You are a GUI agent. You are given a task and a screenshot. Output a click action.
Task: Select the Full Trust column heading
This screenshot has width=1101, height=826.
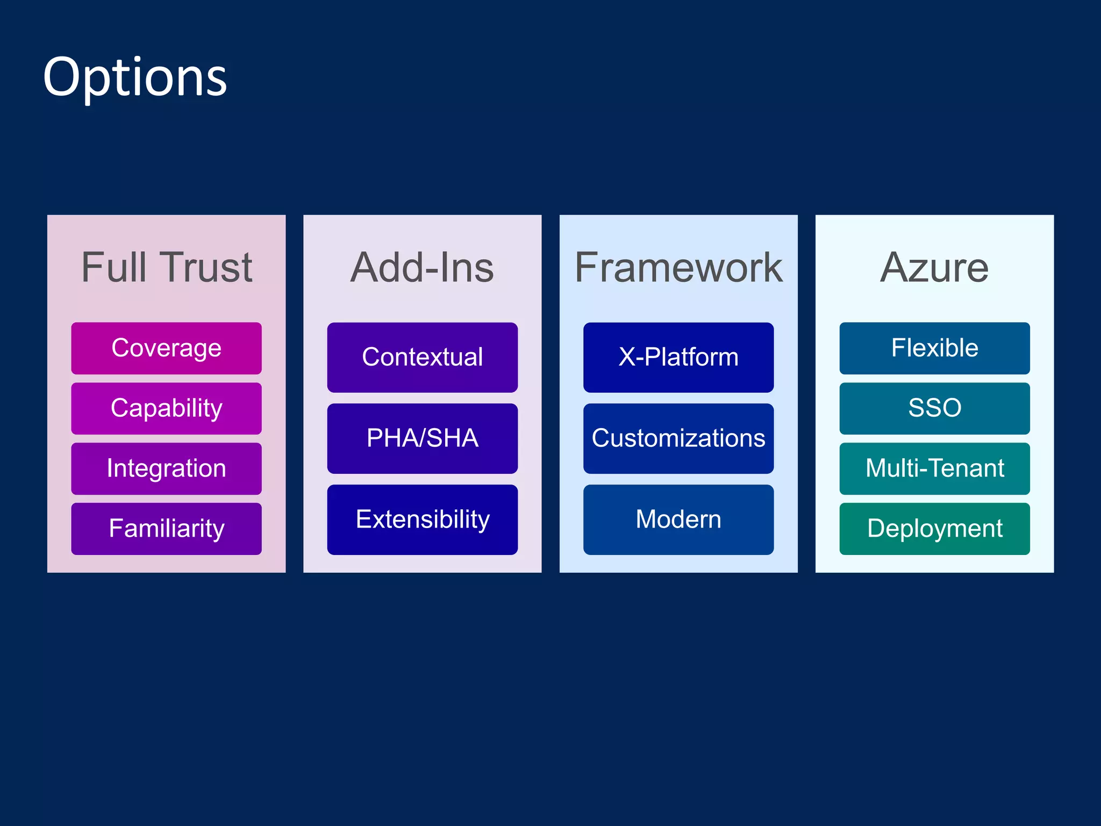166,267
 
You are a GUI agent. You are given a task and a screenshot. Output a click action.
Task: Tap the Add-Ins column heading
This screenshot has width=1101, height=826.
422,267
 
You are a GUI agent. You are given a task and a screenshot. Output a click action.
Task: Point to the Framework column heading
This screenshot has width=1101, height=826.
678,267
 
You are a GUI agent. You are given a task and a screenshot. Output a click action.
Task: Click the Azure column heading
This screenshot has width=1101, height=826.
934,267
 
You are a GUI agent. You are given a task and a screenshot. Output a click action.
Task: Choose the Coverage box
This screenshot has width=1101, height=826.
166,348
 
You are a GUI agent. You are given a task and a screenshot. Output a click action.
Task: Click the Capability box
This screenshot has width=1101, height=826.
166,408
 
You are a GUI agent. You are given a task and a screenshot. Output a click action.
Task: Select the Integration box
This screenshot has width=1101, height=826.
166,468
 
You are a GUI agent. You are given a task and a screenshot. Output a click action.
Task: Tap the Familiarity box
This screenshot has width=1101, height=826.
166,529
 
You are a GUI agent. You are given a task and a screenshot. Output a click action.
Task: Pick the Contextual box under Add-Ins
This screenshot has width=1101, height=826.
422,357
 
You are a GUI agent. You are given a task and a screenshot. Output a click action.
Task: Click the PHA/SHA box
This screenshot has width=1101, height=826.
422,438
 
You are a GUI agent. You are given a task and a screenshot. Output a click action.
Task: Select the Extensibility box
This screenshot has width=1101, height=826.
422,519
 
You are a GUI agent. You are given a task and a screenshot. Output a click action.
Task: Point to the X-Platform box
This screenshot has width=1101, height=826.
678,357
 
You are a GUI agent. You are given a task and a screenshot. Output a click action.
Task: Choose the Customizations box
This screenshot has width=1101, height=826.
678,438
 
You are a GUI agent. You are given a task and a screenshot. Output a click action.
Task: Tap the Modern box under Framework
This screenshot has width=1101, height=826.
678,519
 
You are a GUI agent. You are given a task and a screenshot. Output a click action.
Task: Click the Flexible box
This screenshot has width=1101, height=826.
934,348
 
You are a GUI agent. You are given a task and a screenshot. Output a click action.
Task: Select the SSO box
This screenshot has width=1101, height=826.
934,408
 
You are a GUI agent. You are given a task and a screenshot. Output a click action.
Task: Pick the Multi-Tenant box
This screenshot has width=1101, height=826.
934,468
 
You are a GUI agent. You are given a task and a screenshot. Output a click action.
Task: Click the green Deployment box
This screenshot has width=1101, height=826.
934,529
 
